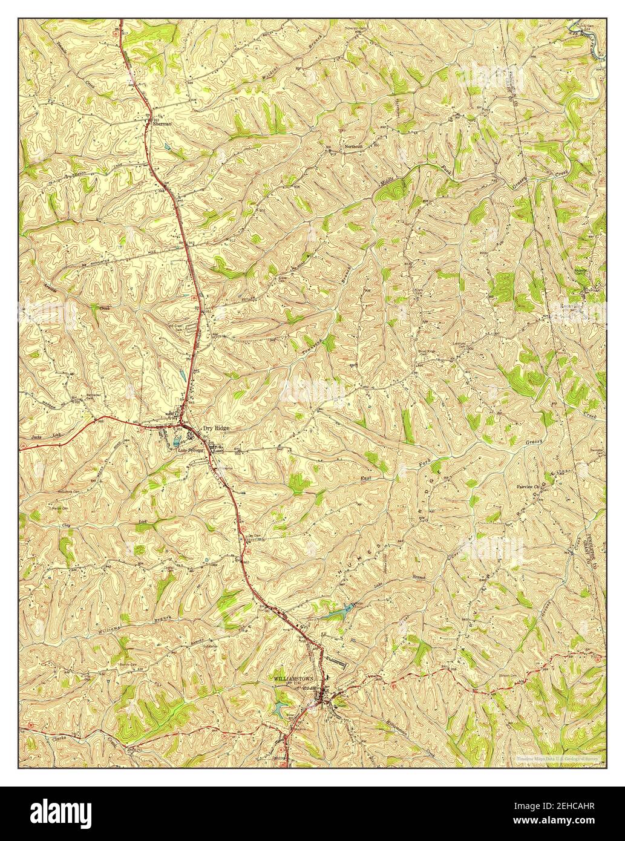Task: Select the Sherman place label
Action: click(x=160, y=126)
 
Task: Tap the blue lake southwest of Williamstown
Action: click(x=281, y=708)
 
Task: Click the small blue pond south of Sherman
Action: click(x=167, y=147)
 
